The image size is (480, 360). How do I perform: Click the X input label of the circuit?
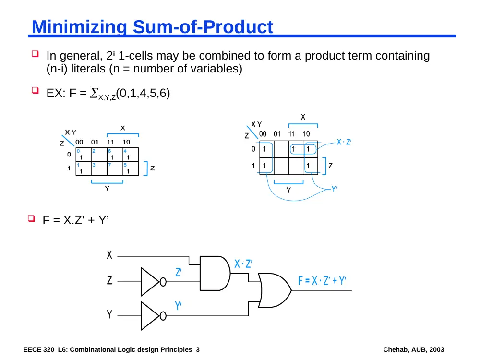point(109,255)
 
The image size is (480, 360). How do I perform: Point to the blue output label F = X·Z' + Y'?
point(322,280)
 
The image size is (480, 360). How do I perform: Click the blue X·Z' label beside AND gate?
point(243,264)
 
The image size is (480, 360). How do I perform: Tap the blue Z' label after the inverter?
point(179,272)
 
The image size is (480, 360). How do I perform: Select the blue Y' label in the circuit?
point(178,305)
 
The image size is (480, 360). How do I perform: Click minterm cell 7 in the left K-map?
point(115,168)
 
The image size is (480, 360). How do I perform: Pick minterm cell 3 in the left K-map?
point(99,168)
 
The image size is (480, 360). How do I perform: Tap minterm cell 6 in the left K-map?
point(115,155)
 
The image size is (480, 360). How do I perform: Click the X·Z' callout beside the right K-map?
point(344,142)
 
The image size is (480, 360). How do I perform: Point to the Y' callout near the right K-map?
point(335,189)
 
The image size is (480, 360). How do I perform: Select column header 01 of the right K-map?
point(277,134)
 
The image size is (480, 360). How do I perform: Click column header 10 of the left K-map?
point(126,142)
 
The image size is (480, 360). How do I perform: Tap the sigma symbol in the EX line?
point(94,93)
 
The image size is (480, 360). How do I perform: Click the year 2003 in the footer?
point(436,349)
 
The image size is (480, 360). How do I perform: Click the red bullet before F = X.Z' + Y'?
point(31,218)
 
